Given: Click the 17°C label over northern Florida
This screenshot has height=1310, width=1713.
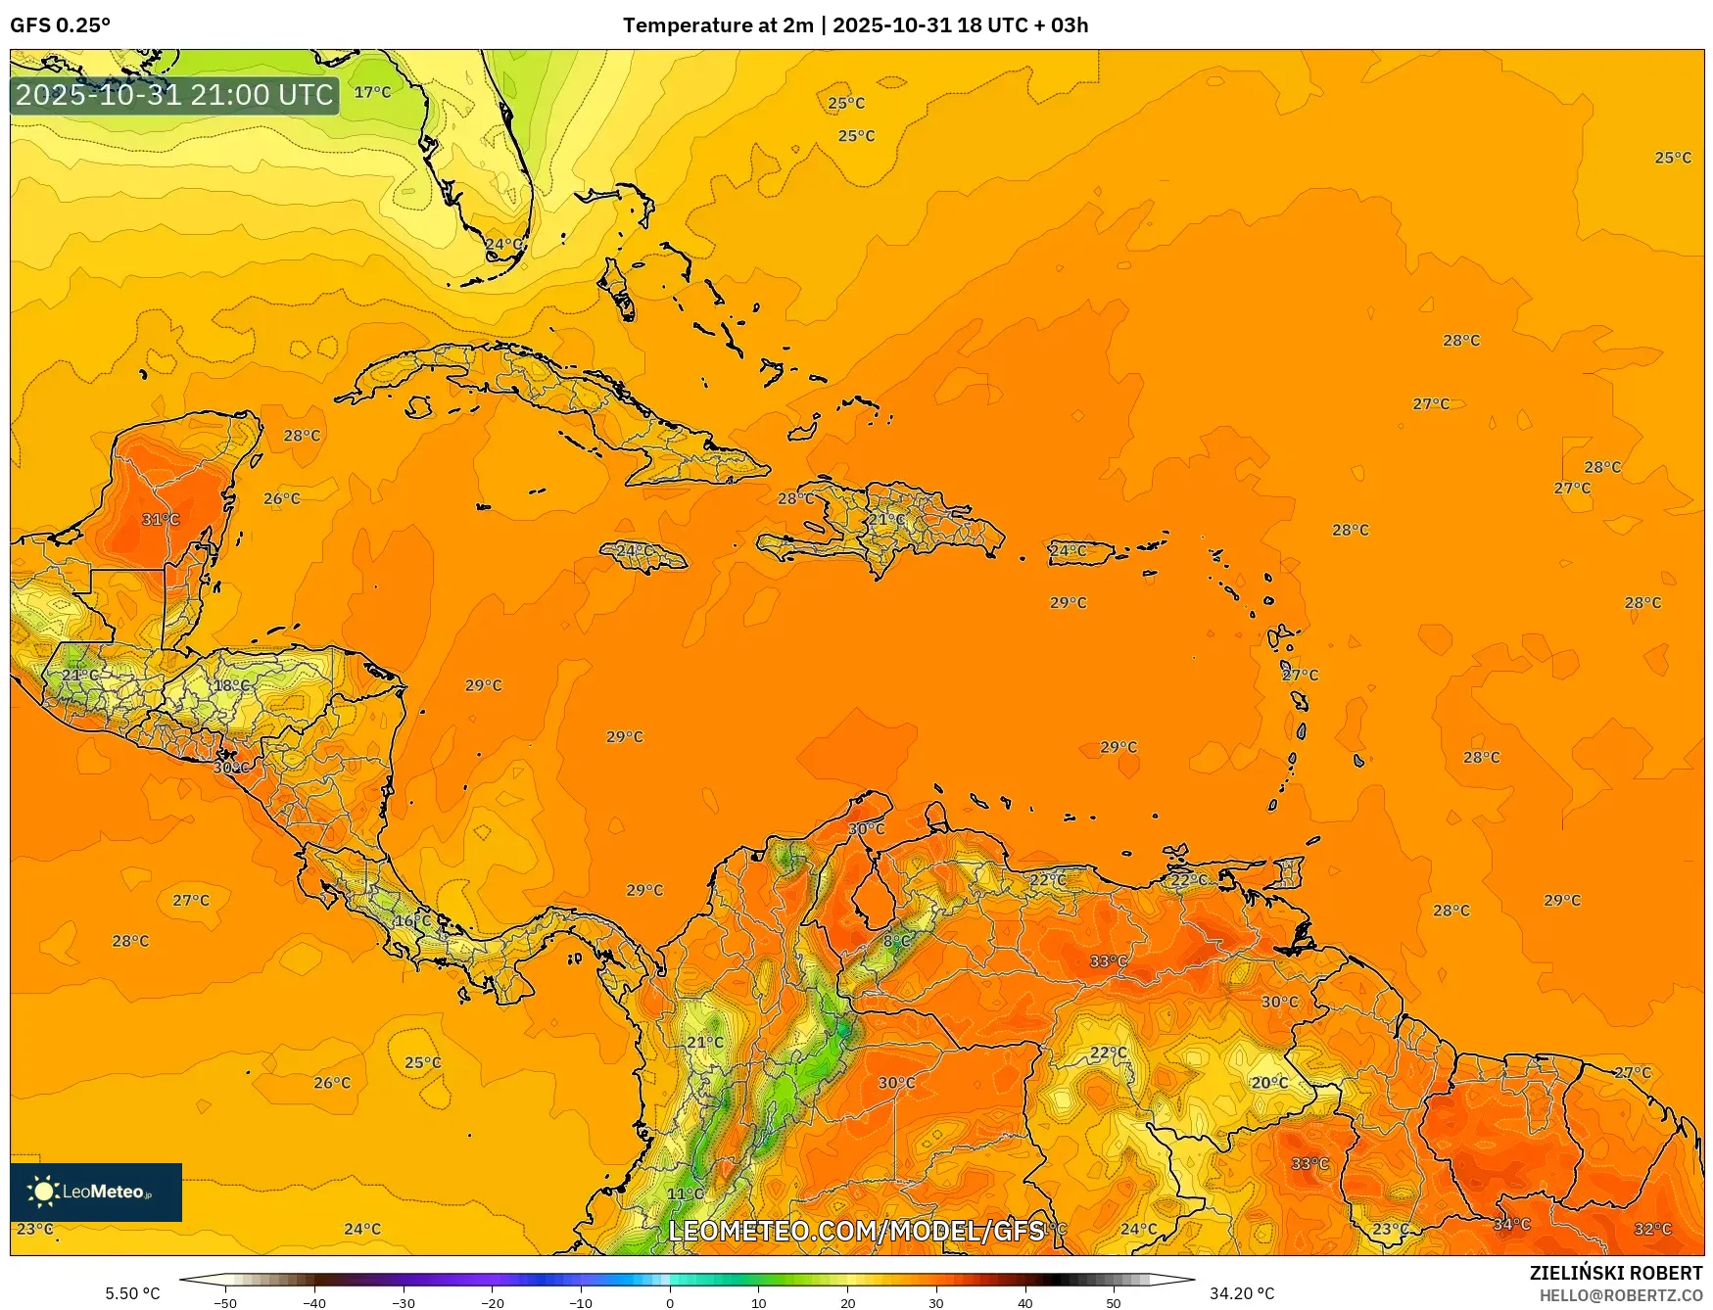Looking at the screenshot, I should [x=372, y=92].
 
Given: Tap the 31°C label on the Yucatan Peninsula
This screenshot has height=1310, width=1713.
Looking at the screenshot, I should [x=161, y=519].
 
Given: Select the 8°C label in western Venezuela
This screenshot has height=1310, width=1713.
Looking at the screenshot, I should [x=896, y=941].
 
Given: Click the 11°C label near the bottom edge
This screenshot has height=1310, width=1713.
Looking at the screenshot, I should [x=685, y=1193].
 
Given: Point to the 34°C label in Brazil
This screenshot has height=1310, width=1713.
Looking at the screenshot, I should [x=1511, y=1224].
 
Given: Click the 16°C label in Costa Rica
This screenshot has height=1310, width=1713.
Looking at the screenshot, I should [x=412, y=920].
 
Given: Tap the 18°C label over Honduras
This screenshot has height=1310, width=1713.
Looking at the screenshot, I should [x=231, y=685].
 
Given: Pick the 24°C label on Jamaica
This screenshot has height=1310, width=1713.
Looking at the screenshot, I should [x=634, y=550].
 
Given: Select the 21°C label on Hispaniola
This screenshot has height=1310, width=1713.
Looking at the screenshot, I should [x=887, y=519].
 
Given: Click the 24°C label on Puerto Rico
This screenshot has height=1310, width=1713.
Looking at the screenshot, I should [x=1068, y=550].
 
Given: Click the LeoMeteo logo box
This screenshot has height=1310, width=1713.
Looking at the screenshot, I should [x=96, y=1192].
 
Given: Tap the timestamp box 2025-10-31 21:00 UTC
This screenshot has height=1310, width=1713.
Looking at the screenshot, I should [x=174, y=95].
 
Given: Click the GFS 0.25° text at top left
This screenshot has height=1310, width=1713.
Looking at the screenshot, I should [x=60, y=25].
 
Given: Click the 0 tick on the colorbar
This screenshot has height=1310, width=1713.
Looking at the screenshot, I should [x=670, y=1302].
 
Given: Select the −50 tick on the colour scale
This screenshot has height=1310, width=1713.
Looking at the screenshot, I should [x=224, y=1302].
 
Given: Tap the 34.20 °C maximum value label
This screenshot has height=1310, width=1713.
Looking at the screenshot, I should [x=1242, y=1293].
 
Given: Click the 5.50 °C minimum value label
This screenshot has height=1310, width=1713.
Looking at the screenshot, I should [x=132, y=1293].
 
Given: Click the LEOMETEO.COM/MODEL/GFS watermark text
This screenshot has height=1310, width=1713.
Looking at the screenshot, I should [x=856, y=1230].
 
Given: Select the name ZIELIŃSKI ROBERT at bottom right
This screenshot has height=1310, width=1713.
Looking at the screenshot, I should [x=1615, y=1273].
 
